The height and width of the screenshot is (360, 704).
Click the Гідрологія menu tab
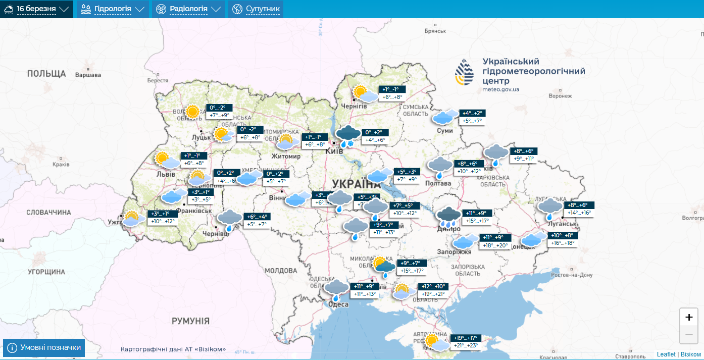click(113, 9)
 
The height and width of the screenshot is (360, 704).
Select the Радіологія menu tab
click(188, 9)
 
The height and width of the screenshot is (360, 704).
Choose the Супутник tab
click(256, 9)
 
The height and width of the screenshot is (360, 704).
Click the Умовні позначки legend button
click(44, 348)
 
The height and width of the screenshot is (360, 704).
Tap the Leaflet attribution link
click(666, 354)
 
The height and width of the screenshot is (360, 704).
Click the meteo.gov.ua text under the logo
click(500, 89)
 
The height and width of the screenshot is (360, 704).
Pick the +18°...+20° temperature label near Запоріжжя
click(495, 245)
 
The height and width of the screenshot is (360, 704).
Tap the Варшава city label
click(88, 75)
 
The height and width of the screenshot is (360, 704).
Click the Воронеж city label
click(560, 96)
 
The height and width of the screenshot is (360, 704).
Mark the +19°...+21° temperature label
click(433, 294)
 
